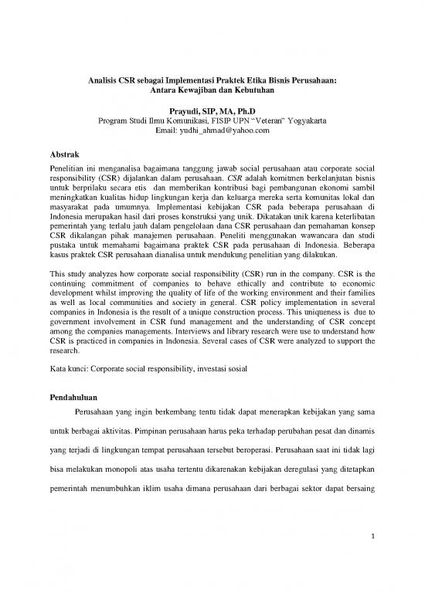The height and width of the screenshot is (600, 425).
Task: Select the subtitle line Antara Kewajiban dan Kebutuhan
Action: [212, 90]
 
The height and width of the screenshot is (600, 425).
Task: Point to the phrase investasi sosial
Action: [222, 369]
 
